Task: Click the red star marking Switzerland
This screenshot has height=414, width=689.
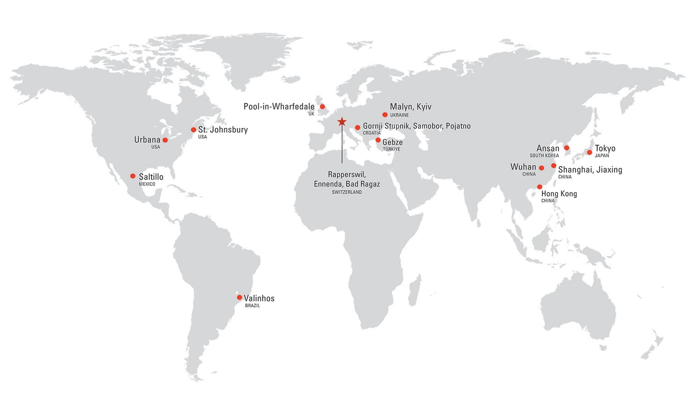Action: tap(342, 121)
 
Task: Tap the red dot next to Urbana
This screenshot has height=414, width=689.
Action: tap(165, 140)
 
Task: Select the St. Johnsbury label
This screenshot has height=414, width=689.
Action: tap(223, 130)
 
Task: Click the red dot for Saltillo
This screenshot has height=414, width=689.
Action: tap(133, 176)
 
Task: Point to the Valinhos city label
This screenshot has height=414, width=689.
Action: tap(259, 298)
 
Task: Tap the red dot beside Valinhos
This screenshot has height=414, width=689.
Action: tap(239, 297)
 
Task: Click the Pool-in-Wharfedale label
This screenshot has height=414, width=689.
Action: tap(279, 107)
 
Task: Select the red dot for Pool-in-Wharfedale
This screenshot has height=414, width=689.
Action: tap(322, 107)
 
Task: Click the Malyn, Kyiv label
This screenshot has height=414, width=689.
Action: tap(411, 107)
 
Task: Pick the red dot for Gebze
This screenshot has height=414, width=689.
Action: tap(378, 140)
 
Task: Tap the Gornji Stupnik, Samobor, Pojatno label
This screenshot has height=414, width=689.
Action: tap(417, 126)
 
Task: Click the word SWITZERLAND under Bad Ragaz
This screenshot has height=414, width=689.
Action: tap(347, 192)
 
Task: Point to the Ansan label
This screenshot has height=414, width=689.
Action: tap(548, 149)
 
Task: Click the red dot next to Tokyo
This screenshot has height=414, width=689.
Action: tap(589, 152)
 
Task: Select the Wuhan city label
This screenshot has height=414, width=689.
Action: tap(523, 167)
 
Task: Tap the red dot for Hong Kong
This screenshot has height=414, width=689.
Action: tap(540, 187)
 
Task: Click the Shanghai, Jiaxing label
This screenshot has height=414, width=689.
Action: tap(590, 170)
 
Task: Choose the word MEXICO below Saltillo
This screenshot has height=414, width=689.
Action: tap(147, 184)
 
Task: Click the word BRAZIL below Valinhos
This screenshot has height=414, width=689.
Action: tap(252, 306)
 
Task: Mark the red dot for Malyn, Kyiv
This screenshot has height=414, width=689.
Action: tap(385, 115)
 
